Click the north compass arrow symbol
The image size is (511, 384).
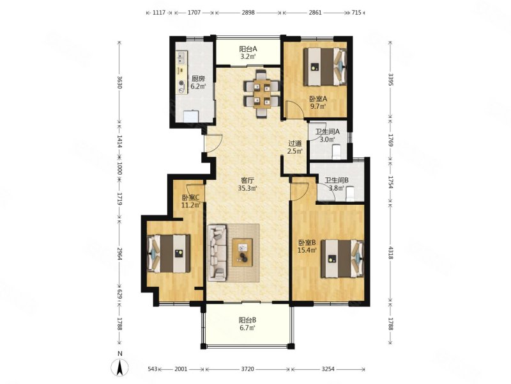coord(120,367)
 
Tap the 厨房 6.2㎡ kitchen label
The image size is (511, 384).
coord(198,83)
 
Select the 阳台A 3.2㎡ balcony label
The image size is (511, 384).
coord(248,52)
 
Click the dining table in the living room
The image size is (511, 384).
coord(262,93)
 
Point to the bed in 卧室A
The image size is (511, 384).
coord(325,67)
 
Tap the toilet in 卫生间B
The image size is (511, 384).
coord(350,193)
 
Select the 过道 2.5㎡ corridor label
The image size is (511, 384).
coord(295,147)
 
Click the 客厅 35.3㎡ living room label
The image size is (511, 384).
coord(248,184)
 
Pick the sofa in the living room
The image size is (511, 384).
coord(217,252)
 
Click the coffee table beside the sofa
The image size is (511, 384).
coord(242,253)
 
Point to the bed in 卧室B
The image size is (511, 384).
coord(342,259)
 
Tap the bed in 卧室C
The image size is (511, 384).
coord(169,253)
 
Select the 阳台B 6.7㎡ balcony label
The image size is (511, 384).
coord(248,324)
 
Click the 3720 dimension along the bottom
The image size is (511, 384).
coord(247,369)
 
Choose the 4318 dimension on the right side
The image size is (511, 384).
coord(391,253)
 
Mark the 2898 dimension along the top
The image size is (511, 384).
coord(248,13)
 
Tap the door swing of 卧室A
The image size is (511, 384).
coord(294,109)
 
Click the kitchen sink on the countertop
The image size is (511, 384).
coord(181,58)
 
